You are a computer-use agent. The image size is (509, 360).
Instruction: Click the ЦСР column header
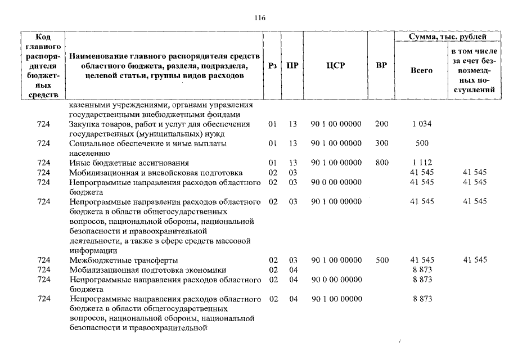(x=335, y=65)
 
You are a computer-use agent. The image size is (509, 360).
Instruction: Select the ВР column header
(x=381, y=65)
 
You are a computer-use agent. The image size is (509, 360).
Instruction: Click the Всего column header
(x=421, y=70)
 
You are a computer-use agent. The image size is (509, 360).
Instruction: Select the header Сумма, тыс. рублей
(x=448, y=37)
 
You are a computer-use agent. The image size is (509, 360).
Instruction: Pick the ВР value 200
(x=381, y=124)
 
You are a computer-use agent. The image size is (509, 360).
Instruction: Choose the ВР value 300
(x=381, y=143)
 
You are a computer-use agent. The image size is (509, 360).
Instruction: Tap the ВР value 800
(x=381, y=163)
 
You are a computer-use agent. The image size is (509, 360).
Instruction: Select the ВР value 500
(x=381, y=260)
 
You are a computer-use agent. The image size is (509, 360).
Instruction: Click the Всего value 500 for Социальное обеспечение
(x=421, y=143)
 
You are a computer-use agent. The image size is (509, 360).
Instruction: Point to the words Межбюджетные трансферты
(x=124, y=260)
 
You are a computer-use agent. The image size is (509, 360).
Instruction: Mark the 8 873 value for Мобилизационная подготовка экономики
(x=421, y=270)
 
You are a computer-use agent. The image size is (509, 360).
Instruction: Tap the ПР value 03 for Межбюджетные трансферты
(x=292, y=260)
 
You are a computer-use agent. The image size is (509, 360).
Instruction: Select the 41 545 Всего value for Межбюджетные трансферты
(x=421, y=260)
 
